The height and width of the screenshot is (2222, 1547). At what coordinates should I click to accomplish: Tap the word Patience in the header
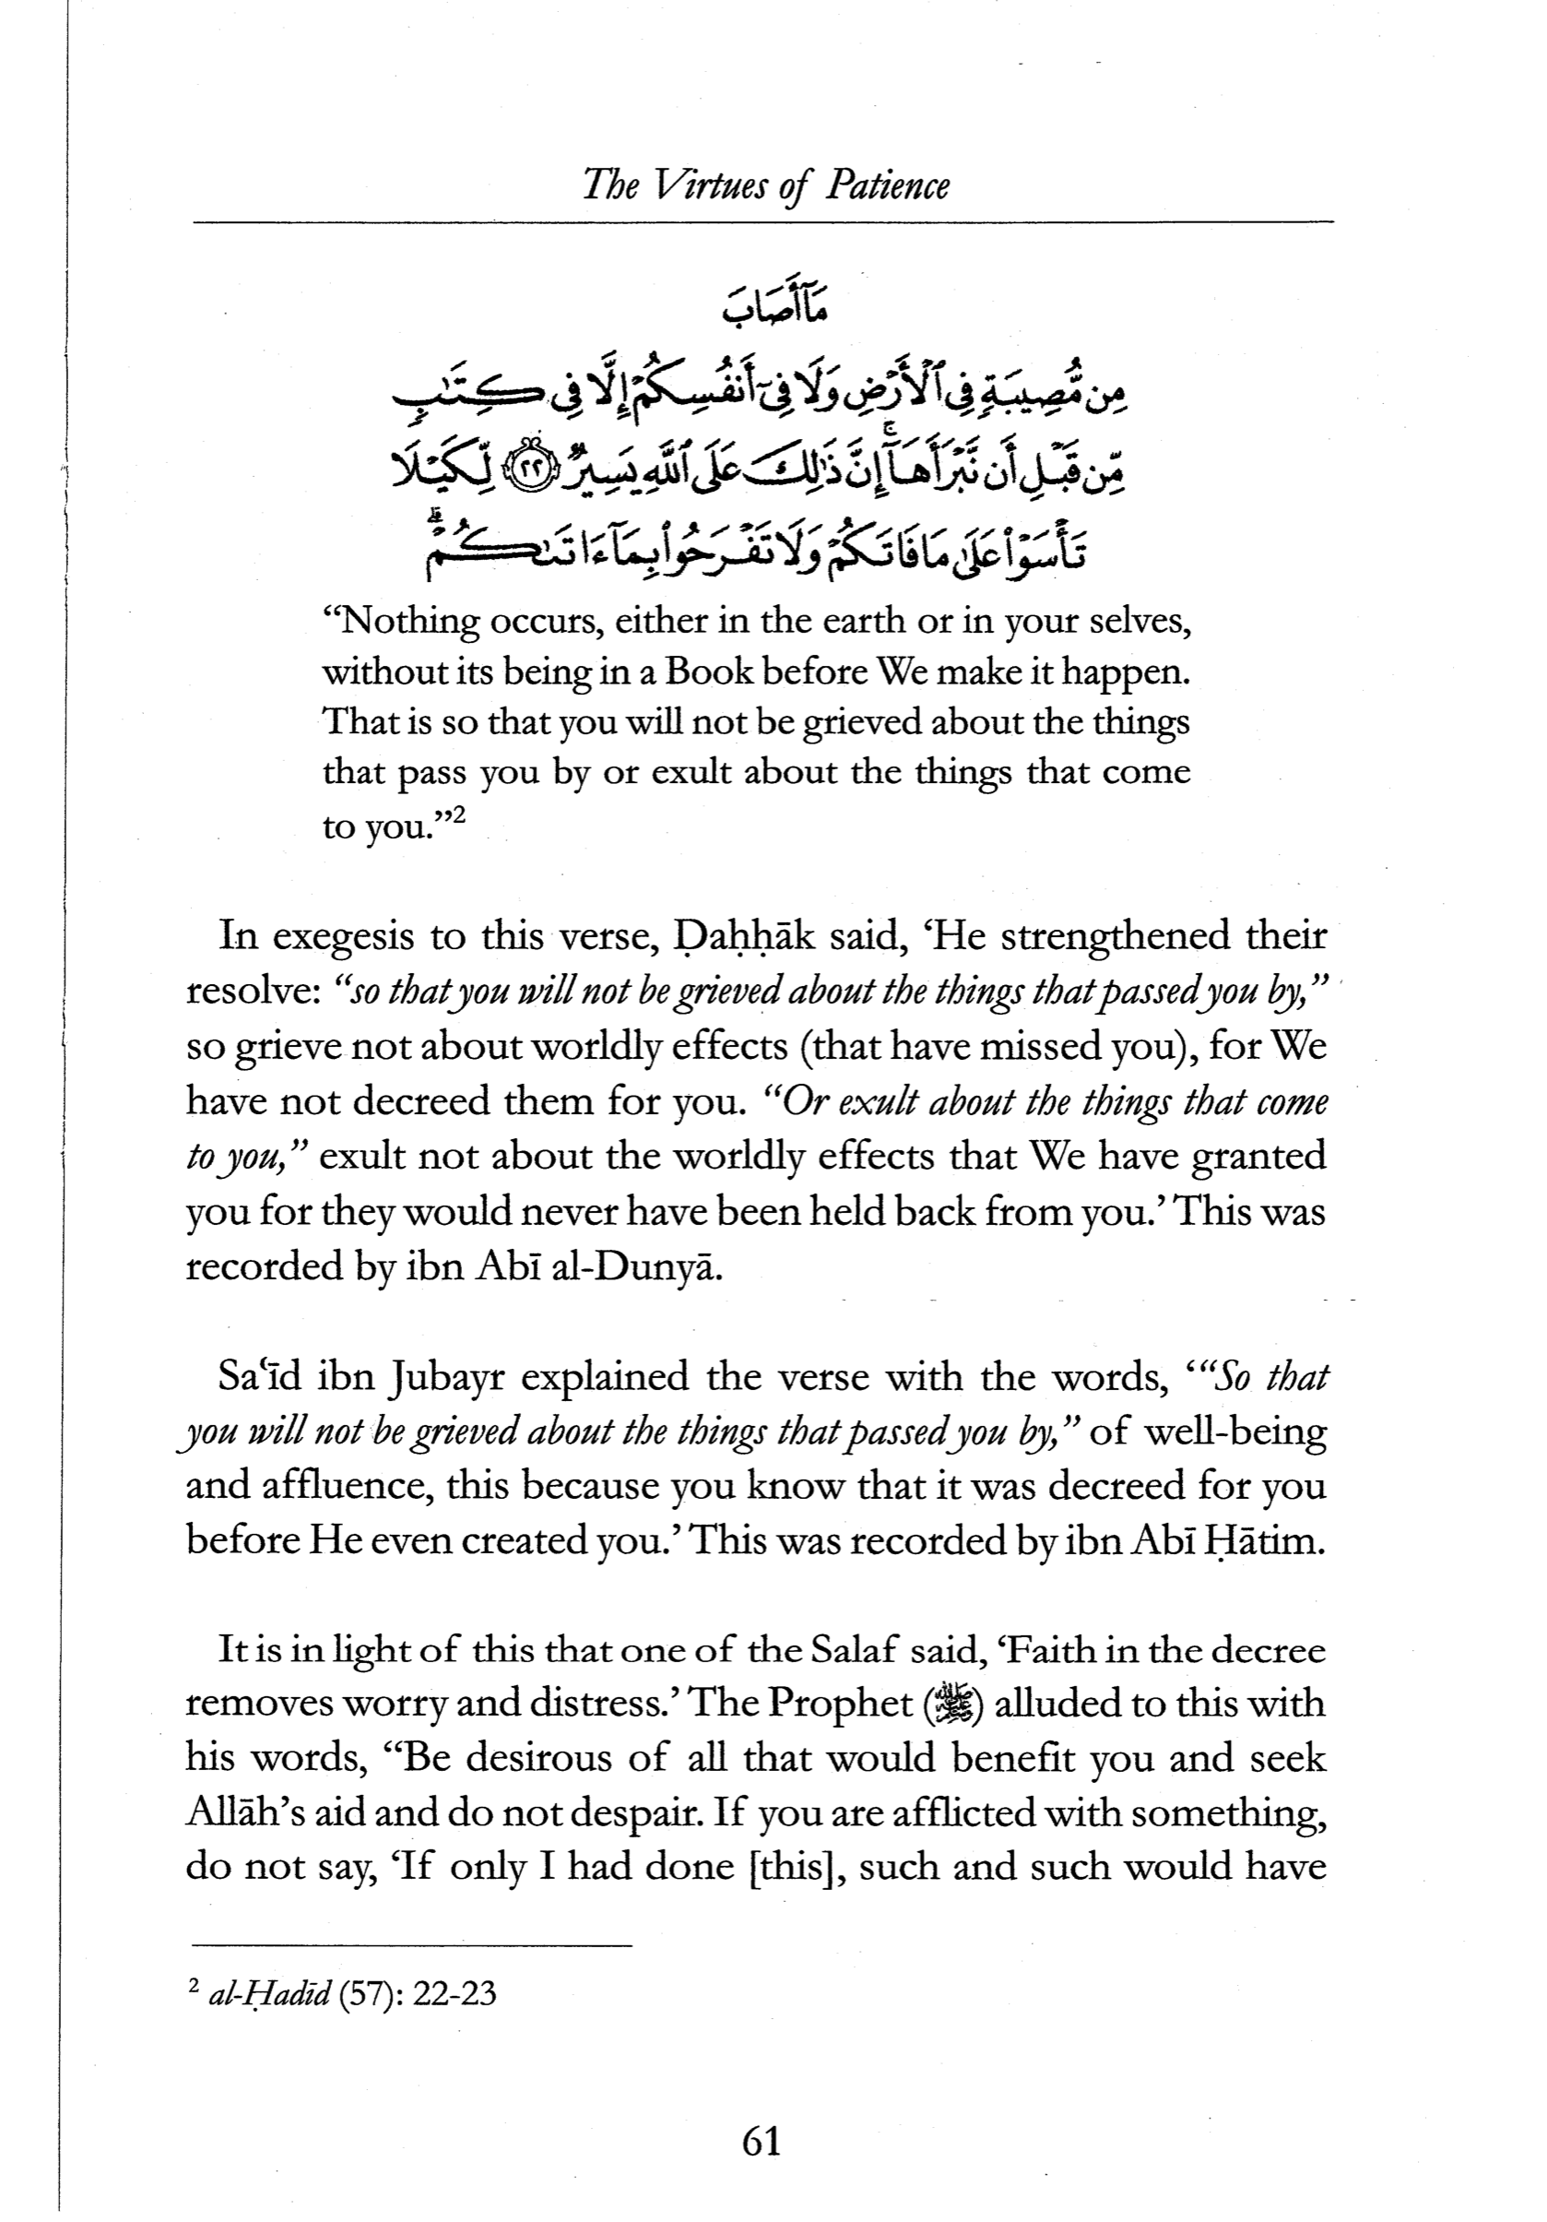[x=887, y=185]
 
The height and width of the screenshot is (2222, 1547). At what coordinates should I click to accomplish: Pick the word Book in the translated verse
[x=708, y=671]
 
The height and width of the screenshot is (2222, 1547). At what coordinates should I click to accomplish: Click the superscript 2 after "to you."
[x=458, y=815]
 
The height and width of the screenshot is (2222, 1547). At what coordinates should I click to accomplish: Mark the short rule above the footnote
[x=410, y=1945]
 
